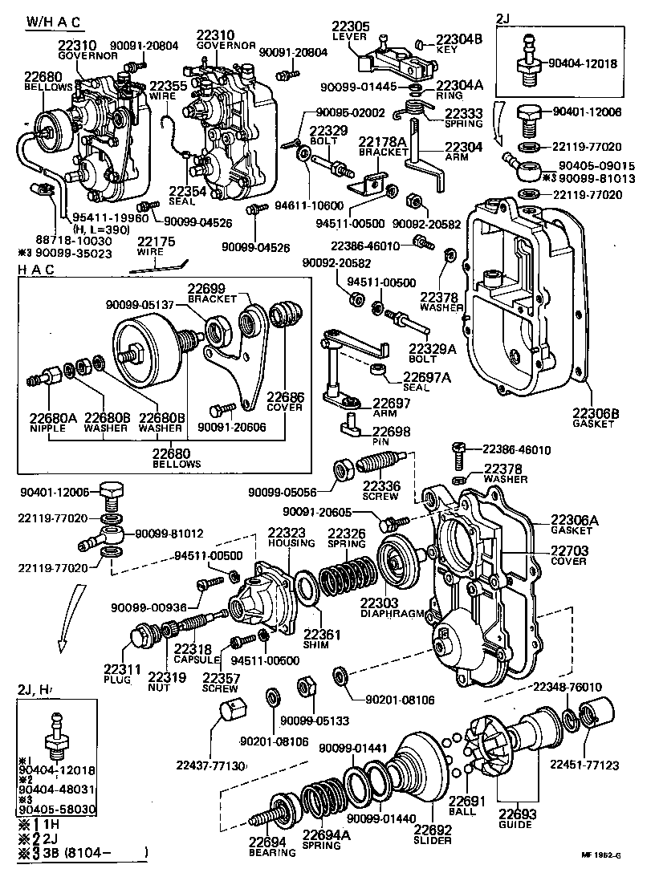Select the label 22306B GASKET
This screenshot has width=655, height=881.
coord(593,417)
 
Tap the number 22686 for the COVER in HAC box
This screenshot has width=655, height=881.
coord(286,397)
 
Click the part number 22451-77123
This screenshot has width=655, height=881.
coord(584,765)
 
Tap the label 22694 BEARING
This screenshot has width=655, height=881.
coord(267,847)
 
